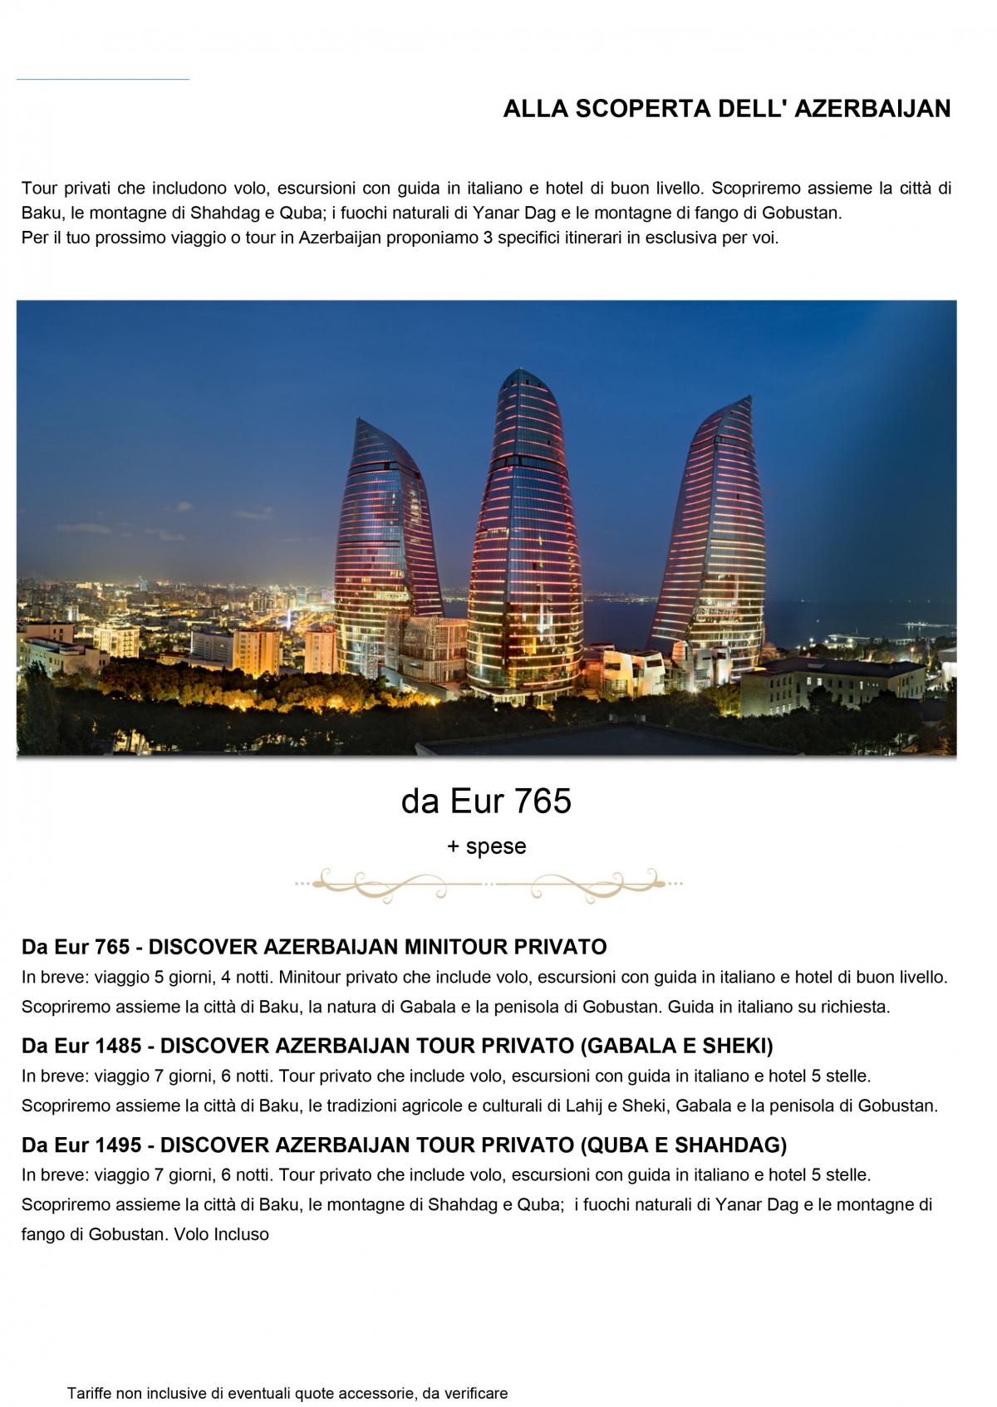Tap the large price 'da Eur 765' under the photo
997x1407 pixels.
click(x=486, y=802)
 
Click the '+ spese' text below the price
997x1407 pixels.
click(x=486, y=846)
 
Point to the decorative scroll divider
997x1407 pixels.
click(x=488, y=884)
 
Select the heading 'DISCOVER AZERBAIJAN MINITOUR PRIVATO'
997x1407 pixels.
click(x=377, y=947)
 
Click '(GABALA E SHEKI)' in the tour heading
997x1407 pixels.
click(x=676, y=1046)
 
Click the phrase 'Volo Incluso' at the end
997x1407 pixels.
click(x=221, y=1234)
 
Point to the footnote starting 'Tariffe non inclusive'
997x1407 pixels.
click(x=287, y=1393)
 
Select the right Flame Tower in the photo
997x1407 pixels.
click(x=715, y=532)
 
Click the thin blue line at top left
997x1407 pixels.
click(x=102, y=80)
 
